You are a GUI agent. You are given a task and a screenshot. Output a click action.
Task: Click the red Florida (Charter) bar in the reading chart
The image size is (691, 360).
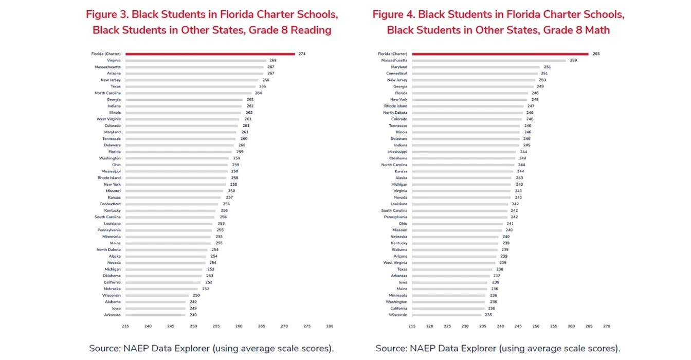coord(210,53)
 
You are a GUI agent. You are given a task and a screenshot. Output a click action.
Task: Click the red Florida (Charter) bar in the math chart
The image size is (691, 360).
coord(500,53)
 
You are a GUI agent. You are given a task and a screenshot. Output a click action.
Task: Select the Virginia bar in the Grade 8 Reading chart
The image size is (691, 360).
coord(195,60)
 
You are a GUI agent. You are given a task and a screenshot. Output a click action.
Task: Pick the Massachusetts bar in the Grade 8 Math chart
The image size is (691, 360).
coord(488,60)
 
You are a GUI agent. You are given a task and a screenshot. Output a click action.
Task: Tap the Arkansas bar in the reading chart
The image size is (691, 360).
coord(155,315)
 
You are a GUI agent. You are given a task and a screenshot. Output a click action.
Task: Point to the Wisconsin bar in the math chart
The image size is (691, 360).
coord(446,315)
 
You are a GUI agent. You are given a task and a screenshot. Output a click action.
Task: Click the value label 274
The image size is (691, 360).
coord(302,53)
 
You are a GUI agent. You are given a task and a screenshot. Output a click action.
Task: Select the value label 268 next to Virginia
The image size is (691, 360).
coord(273,60)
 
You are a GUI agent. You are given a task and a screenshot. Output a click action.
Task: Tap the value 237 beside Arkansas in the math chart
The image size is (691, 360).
coord(497,276)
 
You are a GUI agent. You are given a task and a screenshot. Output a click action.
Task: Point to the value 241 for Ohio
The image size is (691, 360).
coord(510,224)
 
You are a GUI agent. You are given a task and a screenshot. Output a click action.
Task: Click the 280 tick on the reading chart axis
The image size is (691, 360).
coord(330,326)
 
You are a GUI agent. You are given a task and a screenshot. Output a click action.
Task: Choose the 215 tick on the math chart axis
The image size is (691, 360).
coord(412,326)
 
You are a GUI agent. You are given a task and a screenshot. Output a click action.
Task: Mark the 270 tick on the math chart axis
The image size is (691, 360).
coord(607,326)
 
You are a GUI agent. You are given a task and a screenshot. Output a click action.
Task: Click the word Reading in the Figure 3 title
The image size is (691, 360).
coord(311,30)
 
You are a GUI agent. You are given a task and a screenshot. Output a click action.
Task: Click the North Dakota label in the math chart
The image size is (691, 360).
coord(395,113)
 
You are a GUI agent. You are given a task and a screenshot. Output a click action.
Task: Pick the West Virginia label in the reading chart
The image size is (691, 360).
coord(108,119)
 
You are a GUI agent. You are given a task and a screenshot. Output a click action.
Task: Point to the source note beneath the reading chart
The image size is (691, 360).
coord(211,348)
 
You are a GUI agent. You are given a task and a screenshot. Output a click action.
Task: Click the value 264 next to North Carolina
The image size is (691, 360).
coord(259,93)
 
